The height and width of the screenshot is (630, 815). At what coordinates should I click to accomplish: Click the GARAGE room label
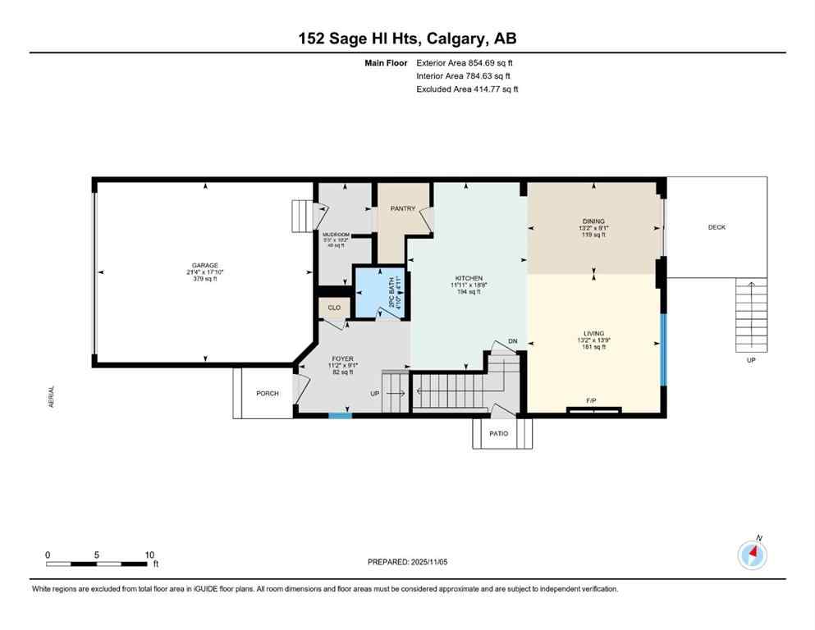204,265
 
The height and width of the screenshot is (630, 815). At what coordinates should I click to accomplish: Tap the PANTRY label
402,208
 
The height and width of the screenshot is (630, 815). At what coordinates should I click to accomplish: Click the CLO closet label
334,308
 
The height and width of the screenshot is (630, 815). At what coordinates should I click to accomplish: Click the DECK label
717,227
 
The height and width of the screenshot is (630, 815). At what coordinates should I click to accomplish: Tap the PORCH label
268,394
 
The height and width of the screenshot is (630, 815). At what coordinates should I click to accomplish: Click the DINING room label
593,221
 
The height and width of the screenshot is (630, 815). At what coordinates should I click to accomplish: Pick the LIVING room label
593,333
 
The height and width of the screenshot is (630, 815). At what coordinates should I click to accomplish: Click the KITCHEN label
469,278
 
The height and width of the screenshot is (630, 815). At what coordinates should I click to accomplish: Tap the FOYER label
342,358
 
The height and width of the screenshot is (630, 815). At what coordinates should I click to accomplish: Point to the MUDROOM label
336,235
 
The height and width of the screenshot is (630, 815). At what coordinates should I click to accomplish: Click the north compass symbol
753,555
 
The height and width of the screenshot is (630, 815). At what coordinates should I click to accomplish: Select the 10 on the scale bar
149,555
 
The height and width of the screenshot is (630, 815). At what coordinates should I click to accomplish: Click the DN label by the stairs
513,341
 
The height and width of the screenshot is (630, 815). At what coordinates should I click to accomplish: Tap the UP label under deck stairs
750,359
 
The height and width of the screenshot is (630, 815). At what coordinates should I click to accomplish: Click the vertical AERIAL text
51,398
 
